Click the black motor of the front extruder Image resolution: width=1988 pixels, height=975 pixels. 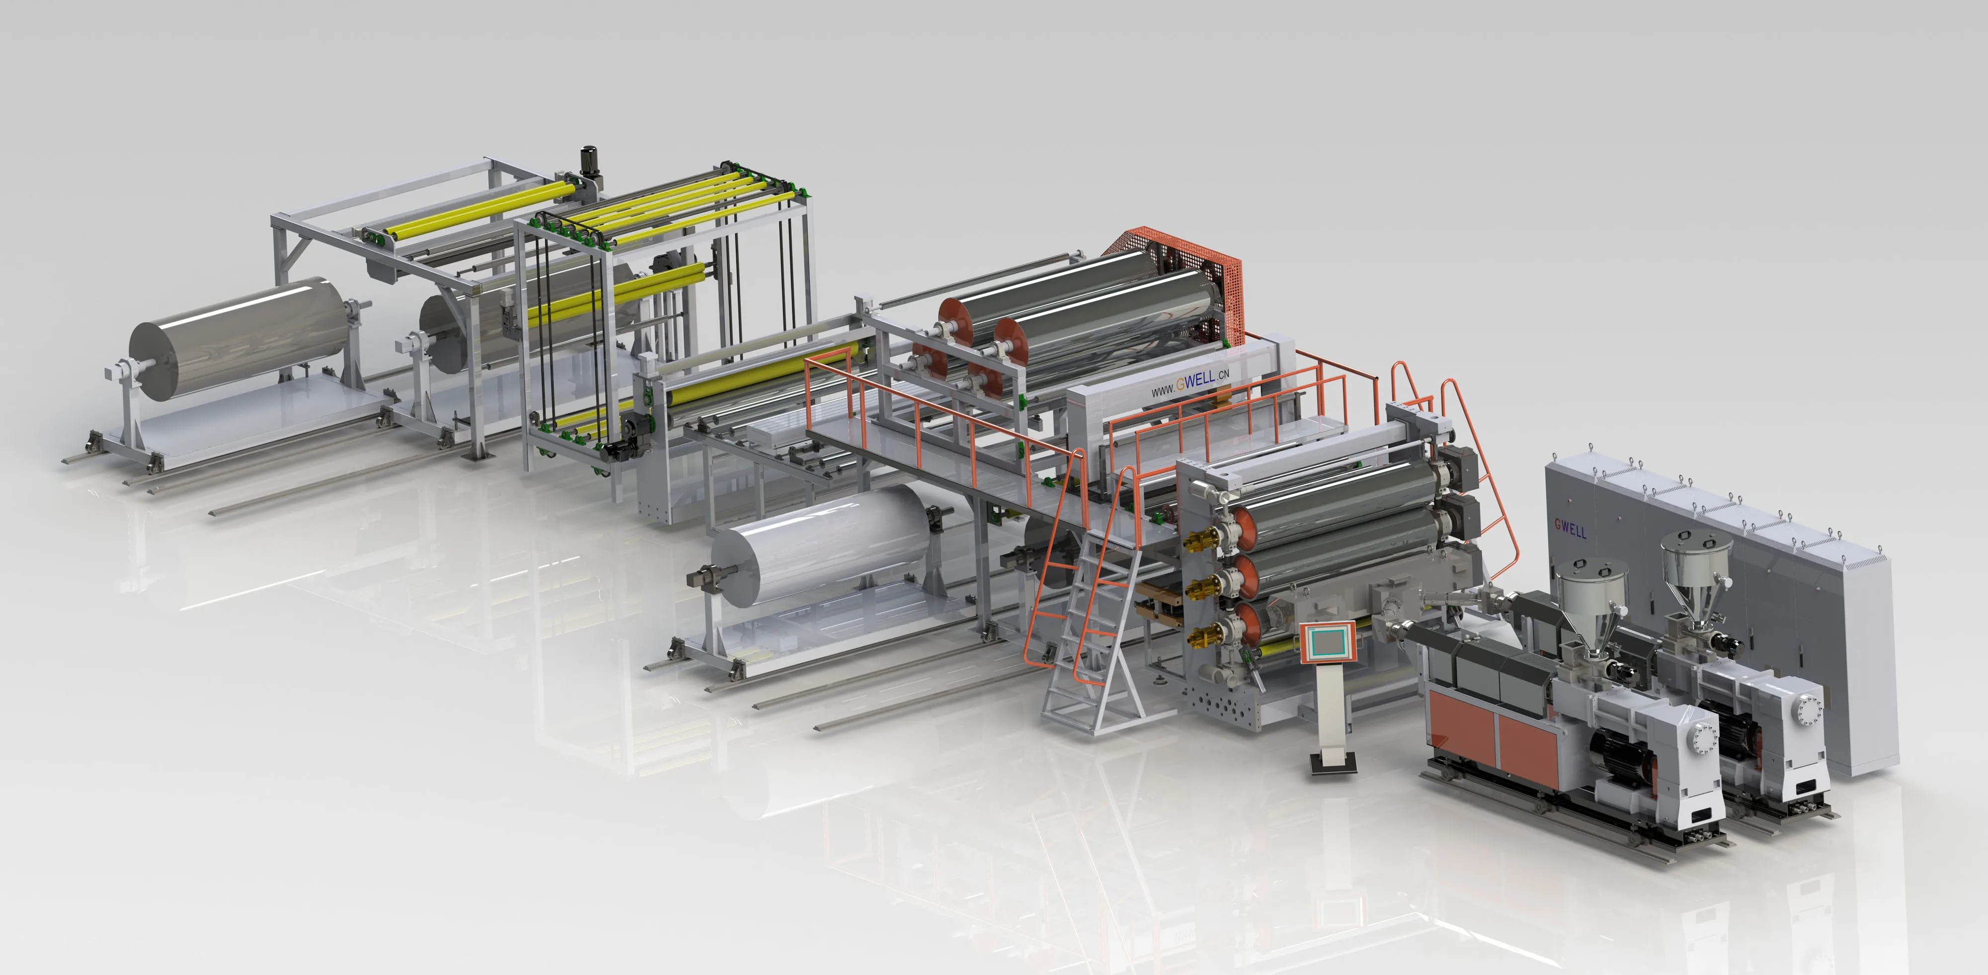tap(1621, 757)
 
